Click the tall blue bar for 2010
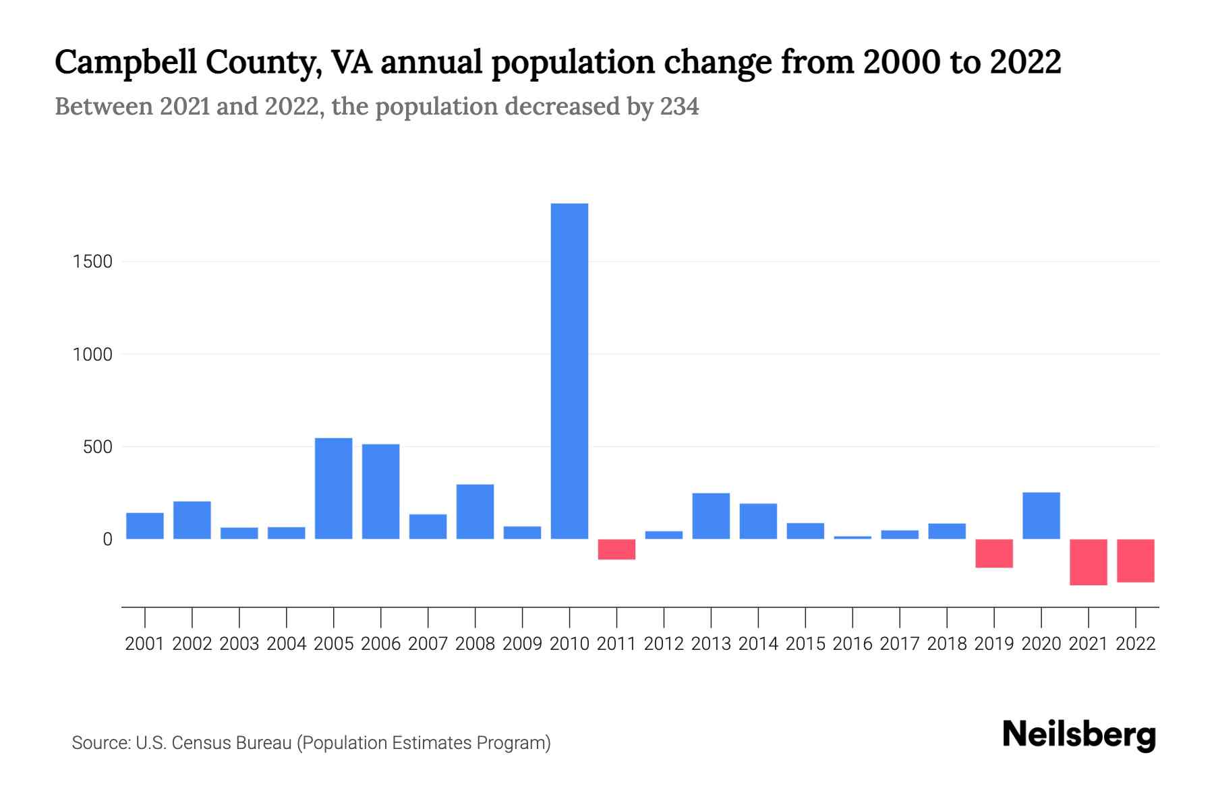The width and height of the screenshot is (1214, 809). [x=569, y=371]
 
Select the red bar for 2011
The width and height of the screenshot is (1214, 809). [x=616, y=549]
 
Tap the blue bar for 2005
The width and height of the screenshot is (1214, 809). [x=333, y=488]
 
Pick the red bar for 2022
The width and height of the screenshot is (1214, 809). [x=1135, y=560]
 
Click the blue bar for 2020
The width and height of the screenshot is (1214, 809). [x=1041, y=515]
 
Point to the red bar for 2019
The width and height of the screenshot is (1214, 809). [x=993, y=553]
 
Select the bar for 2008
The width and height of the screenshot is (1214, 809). [x=475, y=511]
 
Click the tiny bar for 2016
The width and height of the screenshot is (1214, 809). [x=852, y=537]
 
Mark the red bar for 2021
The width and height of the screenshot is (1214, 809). [x=1088, y=562]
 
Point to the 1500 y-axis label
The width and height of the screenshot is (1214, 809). [x=92, y=262]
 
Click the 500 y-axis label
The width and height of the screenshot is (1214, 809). [x=98, y=447]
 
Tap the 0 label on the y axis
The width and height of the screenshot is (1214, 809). [x=107, y=539]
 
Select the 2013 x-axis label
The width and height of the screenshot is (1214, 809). [x=711, y=644]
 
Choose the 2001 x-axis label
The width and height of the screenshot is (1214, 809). [x=145, y=644]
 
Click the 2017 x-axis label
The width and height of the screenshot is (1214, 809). [x=899, y=644]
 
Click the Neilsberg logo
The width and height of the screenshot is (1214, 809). [x=1079, y=735]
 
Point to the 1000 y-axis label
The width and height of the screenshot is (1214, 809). [x=92, y=354]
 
